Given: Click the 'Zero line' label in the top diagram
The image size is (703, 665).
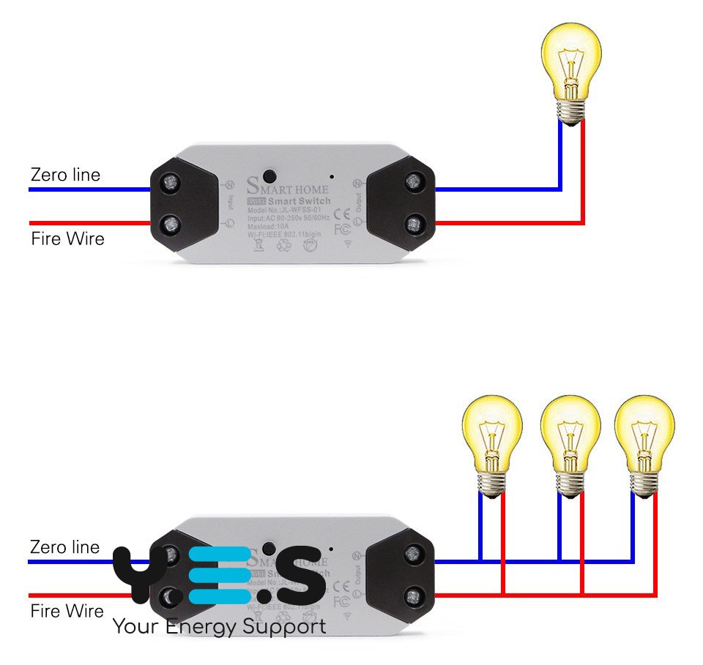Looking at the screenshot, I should tap(65, 175).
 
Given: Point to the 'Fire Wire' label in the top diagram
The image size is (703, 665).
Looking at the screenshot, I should tap(67, 238).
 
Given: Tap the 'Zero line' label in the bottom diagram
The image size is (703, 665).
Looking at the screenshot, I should tap(65, 547).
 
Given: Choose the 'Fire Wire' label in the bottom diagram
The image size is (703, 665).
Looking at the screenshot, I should tap(67, 611).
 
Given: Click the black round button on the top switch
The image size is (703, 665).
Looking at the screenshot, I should tap(269, 176).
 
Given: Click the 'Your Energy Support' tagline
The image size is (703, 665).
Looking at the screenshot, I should tap(219, 627).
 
